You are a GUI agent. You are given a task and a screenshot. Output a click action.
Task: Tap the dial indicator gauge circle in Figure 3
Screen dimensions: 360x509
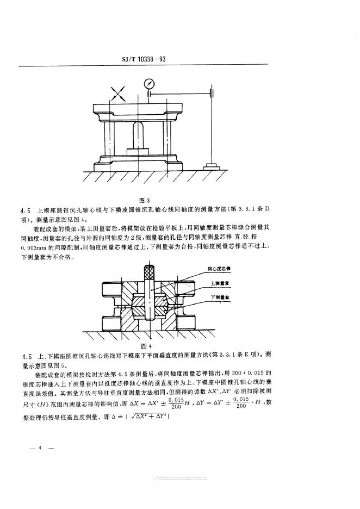point(148,84)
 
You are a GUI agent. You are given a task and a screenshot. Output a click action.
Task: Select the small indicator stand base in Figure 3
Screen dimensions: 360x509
point(210,165)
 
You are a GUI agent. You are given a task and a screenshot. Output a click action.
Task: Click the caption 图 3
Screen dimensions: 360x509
point(144,200)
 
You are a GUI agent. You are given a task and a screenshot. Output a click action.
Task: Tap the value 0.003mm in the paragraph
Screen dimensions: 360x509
point(34,248)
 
